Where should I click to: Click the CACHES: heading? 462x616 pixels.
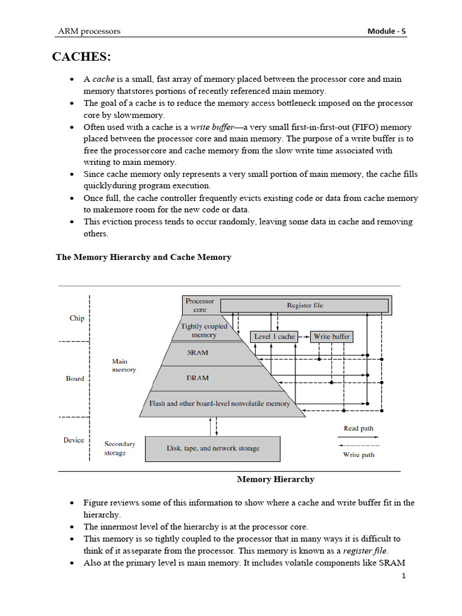click(x=81, y=57)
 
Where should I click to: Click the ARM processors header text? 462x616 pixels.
click(x=88, y=31)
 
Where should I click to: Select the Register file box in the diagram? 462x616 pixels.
click(x=305, y=305)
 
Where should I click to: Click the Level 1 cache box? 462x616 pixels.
click(x=274, y=336)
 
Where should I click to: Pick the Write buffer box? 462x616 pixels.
click(x=331, y=336)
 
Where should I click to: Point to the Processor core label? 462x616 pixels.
click(x=200, y=305)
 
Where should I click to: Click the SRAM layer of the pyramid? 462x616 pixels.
click(x=197, y=353)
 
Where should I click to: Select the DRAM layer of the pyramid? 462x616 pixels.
click(x=197, y=378)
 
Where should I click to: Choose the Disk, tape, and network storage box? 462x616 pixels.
click(x=213, y=448)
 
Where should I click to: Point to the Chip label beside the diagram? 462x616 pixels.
click(x=77, y=318)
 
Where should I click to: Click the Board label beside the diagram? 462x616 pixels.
click(x=75, y=378)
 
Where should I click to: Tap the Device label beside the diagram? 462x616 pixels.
click(x=74, y=440)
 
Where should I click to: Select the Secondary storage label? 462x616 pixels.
click(x=120, y=448)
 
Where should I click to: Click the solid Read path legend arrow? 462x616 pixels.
click(x=359, y=437)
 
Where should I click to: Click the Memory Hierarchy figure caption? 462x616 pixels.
click(x=276, y=479)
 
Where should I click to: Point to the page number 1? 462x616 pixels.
click(x=404, y=576)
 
